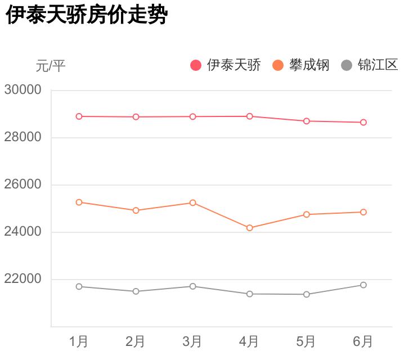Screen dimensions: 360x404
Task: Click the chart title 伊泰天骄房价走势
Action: point(87,15)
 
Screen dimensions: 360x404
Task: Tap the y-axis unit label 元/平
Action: point(51,66)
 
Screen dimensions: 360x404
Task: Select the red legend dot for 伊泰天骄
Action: point(196,65)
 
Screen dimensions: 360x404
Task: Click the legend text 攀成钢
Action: point(309,65)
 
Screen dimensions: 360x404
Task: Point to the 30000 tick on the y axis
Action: point(23,90)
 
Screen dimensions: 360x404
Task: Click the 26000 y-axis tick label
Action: point(23,184)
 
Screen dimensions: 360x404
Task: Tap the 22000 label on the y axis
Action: point(23,279)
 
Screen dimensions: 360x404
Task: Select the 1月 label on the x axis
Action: point(79,341)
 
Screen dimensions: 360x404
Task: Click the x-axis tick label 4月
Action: point(249,341)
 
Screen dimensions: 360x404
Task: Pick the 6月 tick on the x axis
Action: point(363,341)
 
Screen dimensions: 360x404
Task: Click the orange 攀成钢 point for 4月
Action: point(249,228)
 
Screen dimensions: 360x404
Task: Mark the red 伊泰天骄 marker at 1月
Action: point(79,116)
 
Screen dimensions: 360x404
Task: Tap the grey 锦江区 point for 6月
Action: point(363,285)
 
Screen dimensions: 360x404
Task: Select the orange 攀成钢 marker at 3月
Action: point(192,202)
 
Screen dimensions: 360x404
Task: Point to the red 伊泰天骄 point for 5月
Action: point(306,121)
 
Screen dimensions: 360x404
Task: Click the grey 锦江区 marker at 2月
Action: point(136,291)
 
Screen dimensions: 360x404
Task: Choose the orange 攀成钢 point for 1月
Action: point(79,202)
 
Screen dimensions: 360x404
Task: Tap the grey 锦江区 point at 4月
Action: point(249,294)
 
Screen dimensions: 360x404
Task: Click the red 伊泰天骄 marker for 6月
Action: point(363,122)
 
